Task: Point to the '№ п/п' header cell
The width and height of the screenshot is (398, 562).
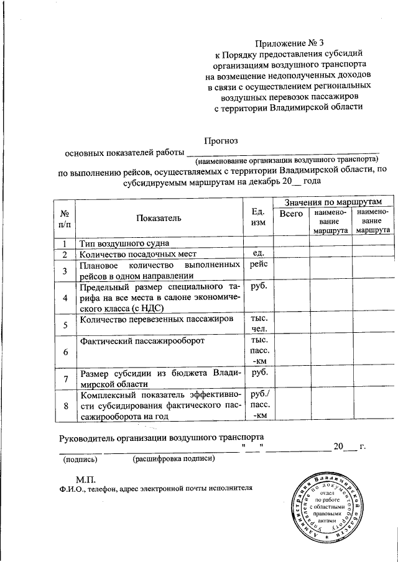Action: pos(64,218)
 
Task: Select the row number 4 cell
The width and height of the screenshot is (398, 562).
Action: pos(65,298)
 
